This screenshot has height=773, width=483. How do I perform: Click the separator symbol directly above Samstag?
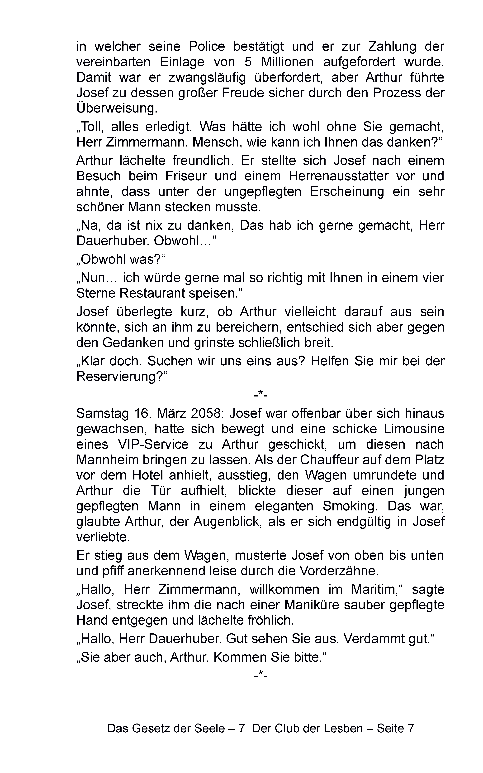click(x=261, y=396)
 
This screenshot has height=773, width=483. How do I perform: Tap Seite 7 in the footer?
click(x=395, y=728)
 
